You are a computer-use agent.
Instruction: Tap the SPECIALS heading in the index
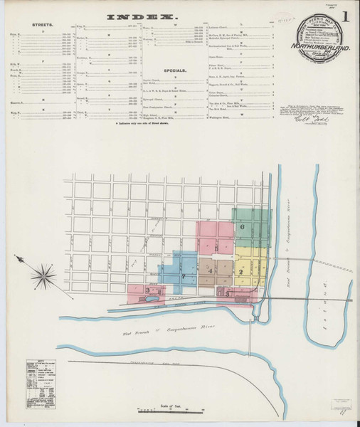point(176,72)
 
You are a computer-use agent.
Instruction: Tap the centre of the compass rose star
point(44,273)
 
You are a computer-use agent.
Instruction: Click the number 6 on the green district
point(243,227)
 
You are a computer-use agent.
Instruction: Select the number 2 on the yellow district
point(241,272)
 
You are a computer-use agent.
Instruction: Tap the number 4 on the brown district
point(211,272)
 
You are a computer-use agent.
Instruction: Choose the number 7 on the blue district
point(183,275)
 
